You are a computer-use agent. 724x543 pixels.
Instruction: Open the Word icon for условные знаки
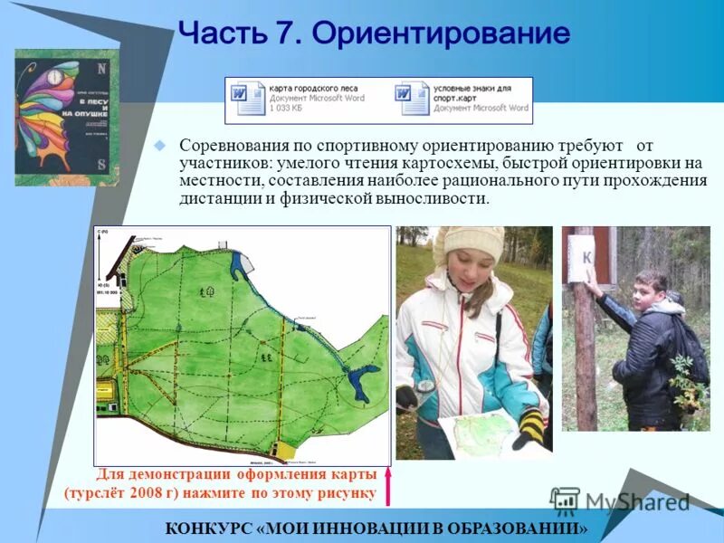tap(411, 99)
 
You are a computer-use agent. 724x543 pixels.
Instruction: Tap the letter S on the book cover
tap(100, 165)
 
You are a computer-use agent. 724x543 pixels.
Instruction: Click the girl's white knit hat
tap(471, 243)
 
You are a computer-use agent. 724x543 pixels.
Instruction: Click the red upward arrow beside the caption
tap(388, 486)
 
